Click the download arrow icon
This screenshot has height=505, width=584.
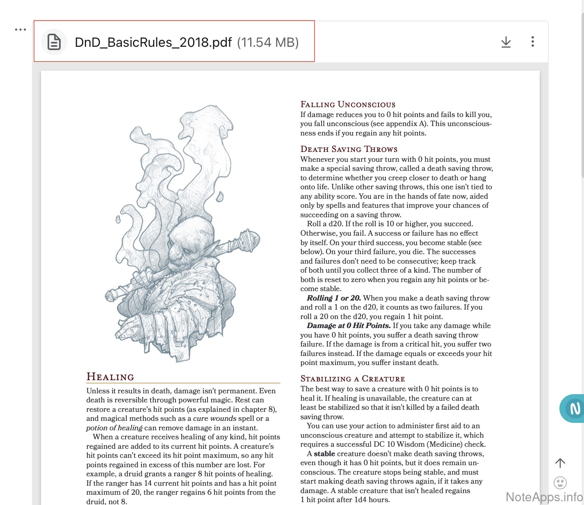[x=506, y=42]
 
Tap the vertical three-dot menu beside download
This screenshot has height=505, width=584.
[x=532, y=41]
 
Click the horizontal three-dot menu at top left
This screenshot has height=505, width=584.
[x=20, y=30]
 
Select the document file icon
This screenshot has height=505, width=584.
[x=54, y=42]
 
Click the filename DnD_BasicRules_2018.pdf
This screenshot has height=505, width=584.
[x=153, y=42]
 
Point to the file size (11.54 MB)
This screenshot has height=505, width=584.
[x=268, y=42]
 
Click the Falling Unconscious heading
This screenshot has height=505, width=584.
[x=348, y=104]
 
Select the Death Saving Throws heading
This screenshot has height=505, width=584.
[x=349, y=149]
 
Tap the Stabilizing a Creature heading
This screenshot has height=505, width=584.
[x=352, y=379]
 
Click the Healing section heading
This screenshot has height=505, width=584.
[x=110, y=377]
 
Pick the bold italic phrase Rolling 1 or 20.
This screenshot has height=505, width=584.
[x=334, y=298]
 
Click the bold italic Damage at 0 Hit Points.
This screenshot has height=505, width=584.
[x=349, y=326]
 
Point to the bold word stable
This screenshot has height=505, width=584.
[x=324, y=454]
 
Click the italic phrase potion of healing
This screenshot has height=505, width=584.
[x=114, y=428]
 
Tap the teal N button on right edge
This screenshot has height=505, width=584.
[x=574, y=408]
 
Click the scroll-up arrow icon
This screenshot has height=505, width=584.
[x=560, y=463]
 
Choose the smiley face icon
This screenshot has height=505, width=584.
[x=560, y=482]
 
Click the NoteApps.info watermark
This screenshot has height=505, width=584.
[x=544, y=497]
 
